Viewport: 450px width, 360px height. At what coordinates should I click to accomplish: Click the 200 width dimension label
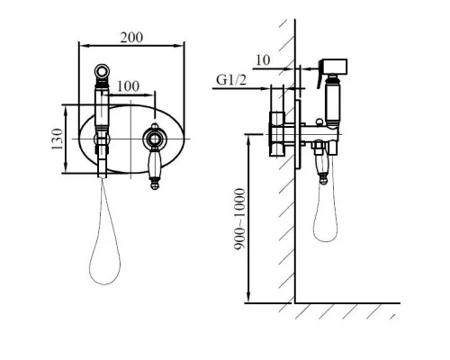131,38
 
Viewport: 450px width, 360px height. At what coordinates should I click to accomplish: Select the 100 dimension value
128,86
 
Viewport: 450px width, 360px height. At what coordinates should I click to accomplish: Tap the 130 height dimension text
58,139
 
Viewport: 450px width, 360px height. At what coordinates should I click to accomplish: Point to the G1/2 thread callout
231,80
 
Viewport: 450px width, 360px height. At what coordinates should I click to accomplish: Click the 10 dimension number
263,60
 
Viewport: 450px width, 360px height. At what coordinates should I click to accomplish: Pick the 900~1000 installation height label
239,219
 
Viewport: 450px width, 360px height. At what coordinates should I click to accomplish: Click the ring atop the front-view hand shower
102,71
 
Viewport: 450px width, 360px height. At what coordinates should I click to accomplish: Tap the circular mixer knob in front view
155,139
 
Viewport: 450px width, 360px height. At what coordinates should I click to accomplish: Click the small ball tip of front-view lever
155,184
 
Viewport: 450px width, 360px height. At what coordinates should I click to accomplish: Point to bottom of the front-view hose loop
104,284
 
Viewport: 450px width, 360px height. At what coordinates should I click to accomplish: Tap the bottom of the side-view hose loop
325,241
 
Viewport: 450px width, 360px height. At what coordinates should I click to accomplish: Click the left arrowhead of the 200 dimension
83,46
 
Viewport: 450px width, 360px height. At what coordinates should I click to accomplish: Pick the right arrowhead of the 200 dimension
180,46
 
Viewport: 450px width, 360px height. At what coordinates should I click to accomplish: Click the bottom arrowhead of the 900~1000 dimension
248,299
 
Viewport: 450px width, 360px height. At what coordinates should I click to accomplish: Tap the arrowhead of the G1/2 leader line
266,88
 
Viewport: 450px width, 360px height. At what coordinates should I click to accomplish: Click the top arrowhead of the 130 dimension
66,109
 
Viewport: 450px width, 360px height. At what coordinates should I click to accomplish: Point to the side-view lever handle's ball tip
323,180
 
